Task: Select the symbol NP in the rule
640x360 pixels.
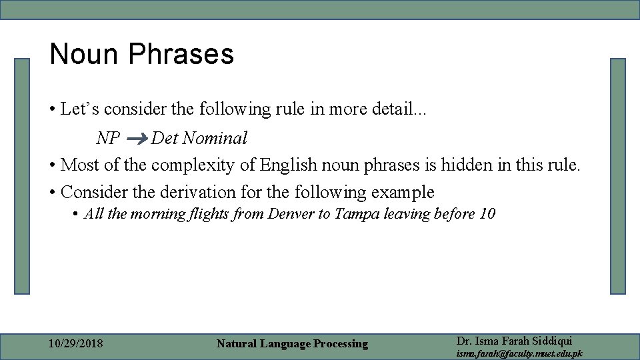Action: [x=108, y=138]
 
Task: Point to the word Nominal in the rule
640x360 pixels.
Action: [x=215, y=138]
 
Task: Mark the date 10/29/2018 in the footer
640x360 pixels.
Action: [x=77, y=344]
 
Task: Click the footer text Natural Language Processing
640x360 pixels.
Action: [x=292, y=344]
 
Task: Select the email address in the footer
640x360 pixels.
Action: [x=519, y=353]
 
